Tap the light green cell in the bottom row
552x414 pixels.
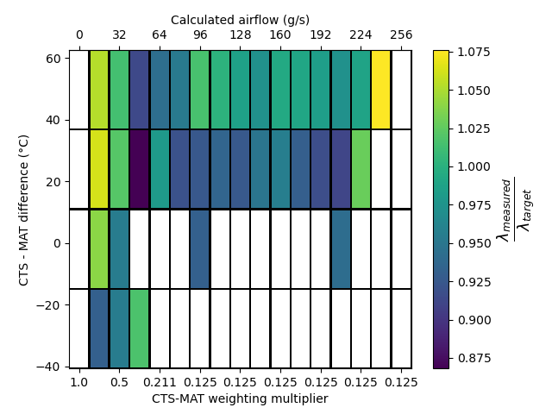(x=139, y=328)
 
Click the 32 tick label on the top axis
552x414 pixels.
(x=119, y=35)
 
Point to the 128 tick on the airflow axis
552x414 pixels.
(x=240, y=35)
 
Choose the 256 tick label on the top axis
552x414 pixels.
(x=401, y=35)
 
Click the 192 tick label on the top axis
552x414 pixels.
(x=320, y=35)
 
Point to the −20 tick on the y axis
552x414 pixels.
(x=50, y=305)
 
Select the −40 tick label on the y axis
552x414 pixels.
(x=50, y=367)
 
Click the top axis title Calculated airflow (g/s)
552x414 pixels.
(x=240, y=20)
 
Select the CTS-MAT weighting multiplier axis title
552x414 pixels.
(x=240, y=398)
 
